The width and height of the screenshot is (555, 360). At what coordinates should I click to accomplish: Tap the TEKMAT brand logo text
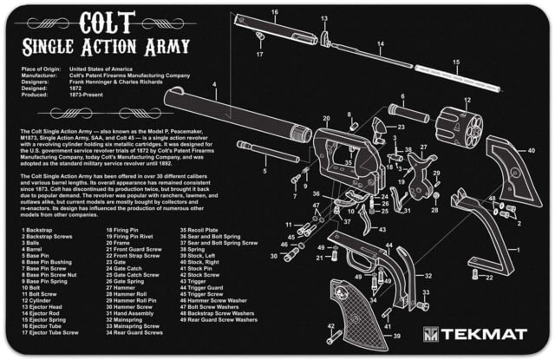475,335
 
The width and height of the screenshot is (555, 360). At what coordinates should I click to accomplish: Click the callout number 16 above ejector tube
275,12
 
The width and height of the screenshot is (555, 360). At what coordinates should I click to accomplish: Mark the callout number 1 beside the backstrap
517,252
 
